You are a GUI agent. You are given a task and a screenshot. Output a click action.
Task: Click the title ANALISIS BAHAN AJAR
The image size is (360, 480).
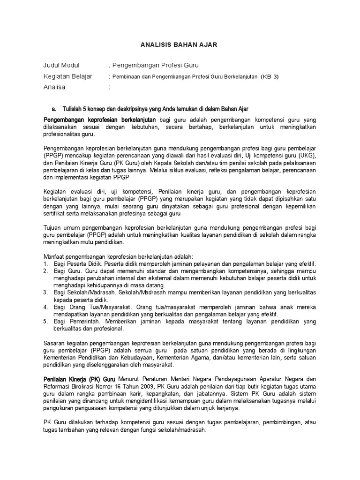pos(180,45)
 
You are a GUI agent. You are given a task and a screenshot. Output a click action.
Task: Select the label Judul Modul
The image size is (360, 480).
pos(61,65)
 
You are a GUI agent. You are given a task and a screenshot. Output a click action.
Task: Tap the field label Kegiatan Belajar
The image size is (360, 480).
pos(67,76)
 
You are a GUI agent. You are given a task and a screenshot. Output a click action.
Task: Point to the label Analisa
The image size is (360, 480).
pos(54,87)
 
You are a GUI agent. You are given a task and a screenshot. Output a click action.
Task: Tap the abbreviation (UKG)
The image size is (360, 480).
pos(307,155)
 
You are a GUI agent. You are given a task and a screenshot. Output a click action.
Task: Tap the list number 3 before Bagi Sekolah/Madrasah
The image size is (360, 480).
pos(45,292)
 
